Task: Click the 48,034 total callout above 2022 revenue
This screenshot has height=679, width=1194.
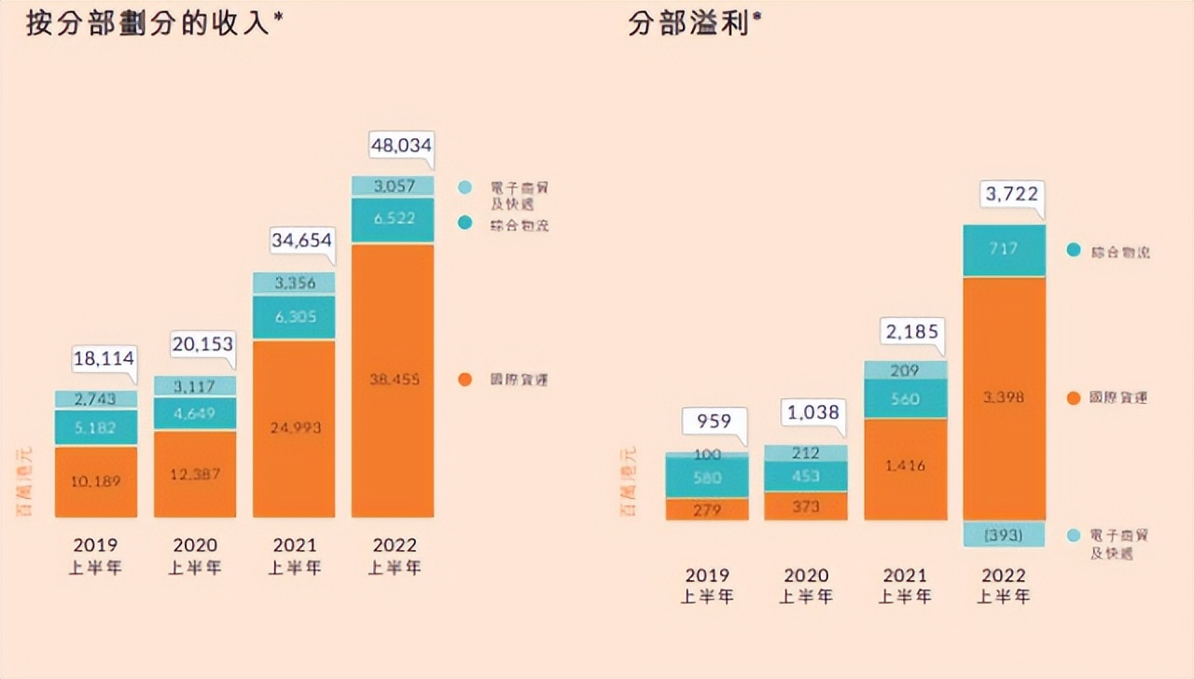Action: coord(403,147)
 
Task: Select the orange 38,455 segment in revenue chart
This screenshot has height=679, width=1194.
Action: coord(393,381)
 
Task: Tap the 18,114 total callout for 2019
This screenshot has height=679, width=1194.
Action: coord(104,358)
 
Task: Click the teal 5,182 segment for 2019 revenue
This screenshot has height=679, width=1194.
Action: coord(96,427)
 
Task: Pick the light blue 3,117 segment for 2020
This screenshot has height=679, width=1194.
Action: coord(195,385)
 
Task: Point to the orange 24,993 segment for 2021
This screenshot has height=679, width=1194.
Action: coord(294,428)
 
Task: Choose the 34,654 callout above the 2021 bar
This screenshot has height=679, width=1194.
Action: coord(302,240)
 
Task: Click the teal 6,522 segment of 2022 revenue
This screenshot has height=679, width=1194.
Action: coord(393,219)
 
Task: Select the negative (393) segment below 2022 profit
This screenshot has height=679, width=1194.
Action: coord(1004,534)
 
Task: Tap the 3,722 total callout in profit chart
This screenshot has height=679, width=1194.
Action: coord(1011,195)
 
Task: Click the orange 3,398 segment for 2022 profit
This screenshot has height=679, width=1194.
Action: coord(1004,398)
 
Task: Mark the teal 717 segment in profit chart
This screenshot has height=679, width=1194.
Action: coord(1004,250)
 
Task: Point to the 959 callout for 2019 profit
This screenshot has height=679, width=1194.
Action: coord(714,422)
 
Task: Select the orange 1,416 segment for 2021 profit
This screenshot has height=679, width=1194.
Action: coord(905,466)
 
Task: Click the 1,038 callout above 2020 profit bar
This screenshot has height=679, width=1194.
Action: coord(813,412)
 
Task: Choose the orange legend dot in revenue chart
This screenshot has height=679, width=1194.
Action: coord(465,380)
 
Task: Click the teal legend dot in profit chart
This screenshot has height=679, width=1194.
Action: coord(1074,251)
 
